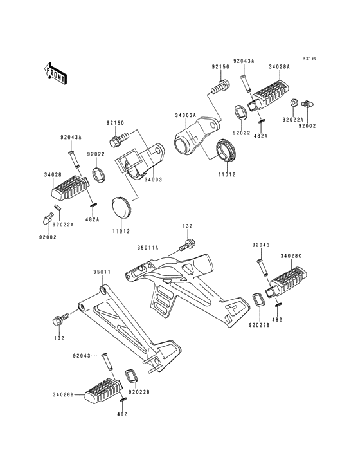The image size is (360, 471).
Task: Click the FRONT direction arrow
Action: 55,73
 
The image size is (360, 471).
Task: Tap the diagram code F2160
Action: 310,59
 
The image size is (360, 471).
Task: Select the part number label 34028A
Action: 279,67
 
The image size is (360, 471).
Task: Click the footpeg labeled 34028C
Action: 286,281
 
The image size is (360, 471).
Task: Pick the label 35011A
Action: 148,248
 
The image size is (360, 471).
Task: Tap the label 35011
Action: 102,272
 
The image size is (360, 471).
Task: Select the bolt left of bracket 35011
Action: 61,319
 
